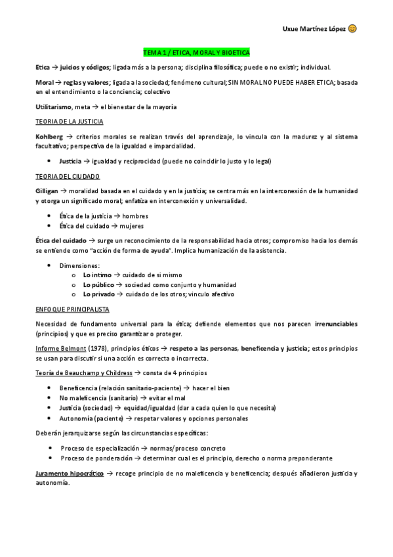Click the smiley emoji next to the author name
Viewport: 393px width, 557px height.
352,29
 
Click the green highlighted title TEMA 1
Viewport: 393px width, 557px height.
196,52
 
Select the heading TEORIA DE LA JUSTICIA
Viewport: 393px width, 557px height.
69,122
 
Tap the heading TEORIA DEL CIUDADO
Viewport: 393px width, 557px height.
68,176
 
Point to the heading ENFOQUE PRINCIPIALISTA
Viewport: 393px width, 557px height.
72,309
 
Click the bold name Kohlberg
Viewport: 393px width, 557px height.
50,136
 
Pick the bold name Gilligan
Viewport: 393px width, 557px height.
49,190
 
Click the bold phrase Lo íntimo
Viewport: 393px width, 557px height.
97,275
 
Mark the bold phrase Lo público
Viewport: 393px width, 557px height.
98,284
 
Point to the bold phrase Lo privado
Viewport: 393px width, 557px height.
98,294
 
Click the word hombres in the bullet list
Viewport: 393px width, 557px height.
135,215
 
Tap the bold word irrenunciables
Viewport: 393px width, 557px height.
336,323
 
